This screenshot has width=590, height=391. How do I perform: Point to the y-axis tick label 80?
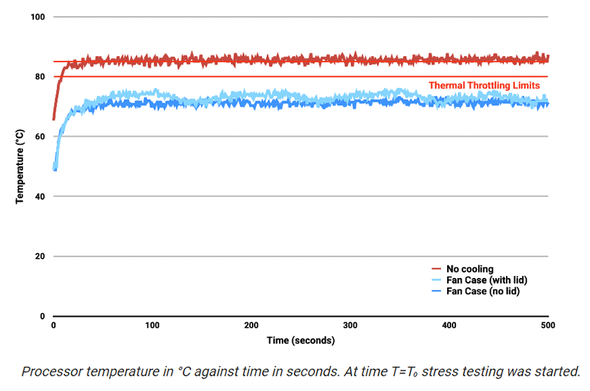pos(40,76)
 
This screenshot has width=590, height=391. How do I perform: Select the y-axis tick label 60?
pos(40,137)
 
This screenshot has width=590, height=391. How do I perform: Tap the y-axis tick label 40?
pos(40,196)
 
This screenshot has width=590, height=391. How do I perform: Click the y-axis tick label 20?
pos(40,257)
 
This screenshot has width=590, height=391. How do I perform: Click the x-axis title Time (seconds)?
pos(301,340)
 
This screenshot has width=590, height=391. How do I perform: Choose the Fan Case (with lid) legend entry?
pos(485,279)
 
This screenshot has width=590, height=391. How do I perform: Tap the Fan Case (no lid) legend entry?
pos(482,291)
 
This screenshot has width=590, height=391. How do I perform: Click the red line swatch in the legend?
pos(437,268)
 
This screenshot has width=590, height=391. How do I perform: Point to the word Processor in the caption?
pos(51,371)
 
